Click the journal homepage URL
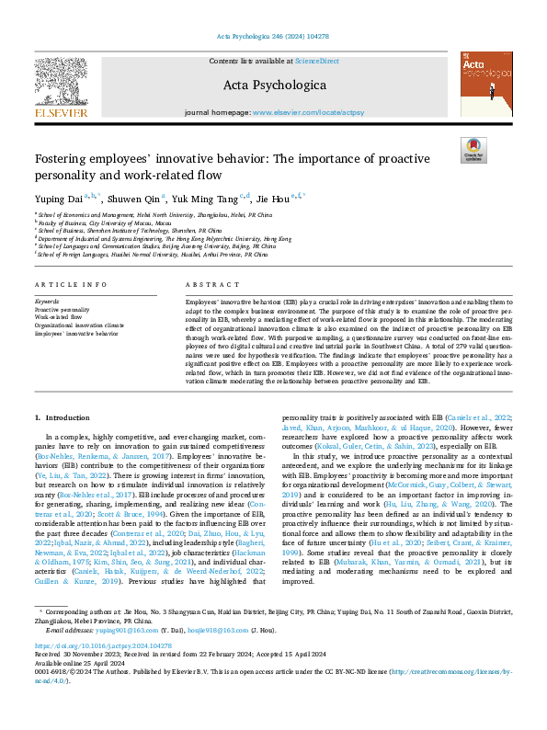click(x=306, y=112)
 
